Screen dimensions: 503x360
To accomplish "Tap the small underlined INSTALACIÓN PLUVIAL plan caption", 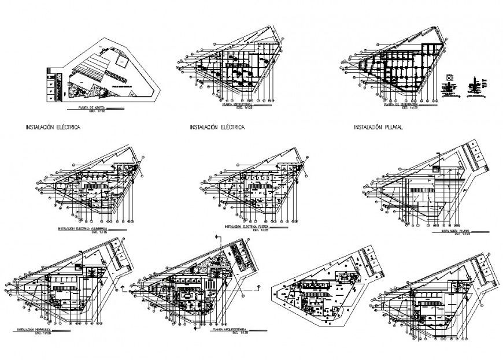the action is [456, 231].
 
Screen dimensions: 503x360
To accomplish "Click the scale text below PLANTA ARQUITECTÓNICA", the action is [239, 335].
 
